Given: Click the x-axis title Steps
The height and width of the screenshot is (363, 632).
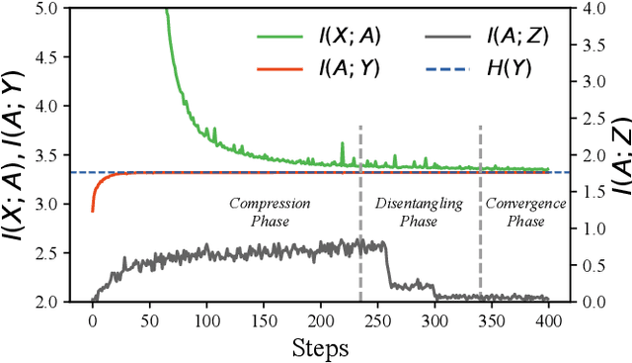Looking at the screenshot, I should coord(320,347).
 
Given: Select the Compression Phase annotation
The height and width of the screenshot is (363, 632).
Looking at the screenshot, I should coord(270,213).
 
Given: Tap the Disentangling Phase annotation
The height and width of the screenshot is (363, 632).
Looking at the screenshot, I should coord(419,213).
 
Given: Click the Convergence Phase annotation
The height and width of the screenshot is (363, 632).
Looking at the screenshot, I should coord(524,213).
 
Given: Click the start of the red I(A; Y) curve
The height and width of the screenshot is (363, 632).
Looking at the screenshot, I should coord(93,210).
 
